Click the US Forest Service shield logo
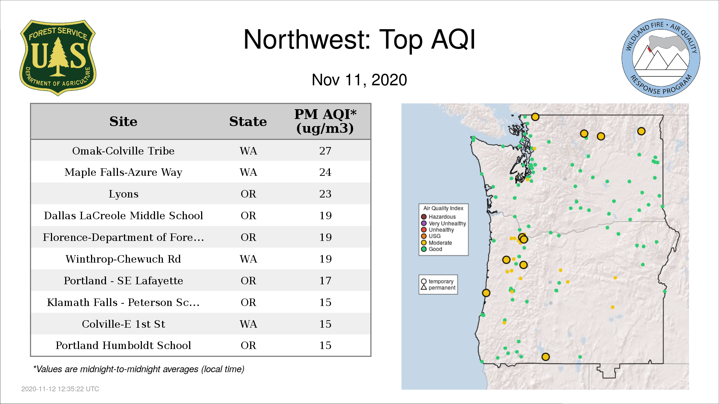pyautogui.click(x=58, y=58)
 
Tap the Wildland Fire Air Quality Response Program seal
pyautogui.click(x=661, y=58)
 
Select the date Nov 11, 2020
pyautogui.click(x=359, y=80)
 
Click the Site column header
pyautogui.click(x=123, y=122)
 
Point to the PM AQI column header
pyautogui.click(x=325, y=121)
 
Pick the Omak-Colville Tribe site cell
pyautogui.click(x=123, y=151)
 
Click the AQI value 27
pyautogui.click(x=325, y=151)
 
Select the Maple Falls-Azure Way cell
pyautogui.click(x=123, y=172)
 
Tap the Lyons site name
pyautogui.click(x=123, y=194)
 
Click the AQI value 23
pyautogui.click(x=325, y=194)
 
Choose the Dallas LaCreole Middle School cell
pyautogui.click(x=123, y=216)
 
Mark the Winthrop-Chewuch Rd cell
pyautogui.click(x=123, y=259)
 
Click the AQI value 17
pyautogui.click(x=325, y=281)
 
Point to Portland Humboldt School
pyautogui.click(x=123, y=345)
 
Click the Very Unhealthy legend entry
pyautogui.click(x=443, y=223)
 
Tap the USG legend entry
pyautogui.click(x=431, y=236)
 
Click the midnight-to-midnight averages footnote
pyautogui.click(x=139, y=369)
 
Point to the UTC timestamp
pyautogui.click(x=60, y=389)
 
